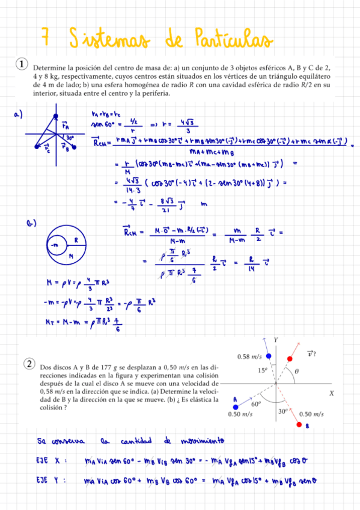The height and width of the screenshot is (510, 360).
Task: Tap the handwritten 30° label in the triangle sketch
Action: (x=70, y=138)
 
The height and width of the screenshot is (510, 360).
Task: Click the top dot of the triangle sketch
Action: (x=56, y=115)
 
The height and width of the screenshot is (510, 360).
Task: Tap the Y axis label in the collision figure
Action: (x=276, y=340)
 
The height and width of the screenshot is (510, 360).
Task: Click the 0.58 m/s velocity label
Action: (x=249, y=357)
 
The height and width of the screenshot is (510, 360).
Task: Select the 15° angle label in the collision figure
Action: (x=263, y=370)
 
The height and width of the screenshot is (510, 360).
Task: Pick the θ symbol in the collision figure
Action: (x=295, y=372)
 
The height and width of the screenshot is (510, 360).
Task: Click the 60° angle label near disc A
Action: (x=255, y=404)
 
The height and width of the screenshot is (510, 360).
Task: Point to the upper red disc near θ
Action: (x=290, y=359)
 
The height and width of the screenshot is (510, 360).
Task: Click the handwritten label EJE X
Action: (x=50, y=461)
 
